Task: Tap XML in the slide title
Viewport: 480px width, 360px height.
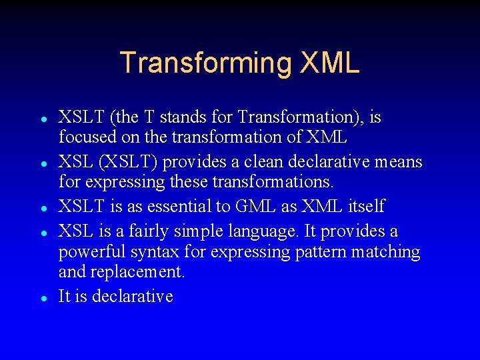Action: tap(330, 63)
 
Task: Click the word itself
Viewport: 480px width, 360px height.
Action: tap(366, 207)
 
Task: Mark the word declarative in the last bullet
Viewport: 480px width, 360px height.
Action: tap(133, 296)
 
